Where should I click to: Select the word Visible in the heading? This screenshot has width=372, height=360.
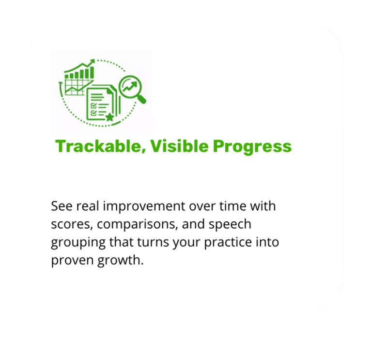(179, 146)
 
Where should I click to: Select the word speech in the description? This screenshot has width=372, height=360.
(230, 224)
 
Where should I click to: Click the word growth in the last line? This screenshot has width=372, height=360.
(121, 261)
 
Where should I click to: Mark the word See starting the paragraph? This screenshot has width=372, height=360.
(62, 206)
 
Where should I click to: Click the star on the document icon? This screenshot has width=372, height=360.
(109, 117)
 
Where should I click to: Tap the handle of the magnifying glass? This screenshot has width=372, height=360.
(141, 99)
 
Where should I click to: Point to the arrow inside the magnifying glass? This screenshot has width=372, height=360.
(130, 86)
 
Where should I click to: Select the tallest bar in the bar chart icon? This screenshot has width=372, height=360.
(92, 73)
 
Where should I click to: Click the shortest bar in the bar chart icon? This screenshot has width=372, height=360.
(67, 76)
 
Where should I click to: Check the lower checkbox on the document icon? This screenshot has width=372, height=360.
(93, 113)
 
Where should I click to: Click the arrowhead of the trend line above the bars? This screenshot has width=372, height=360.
(92, 62)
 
